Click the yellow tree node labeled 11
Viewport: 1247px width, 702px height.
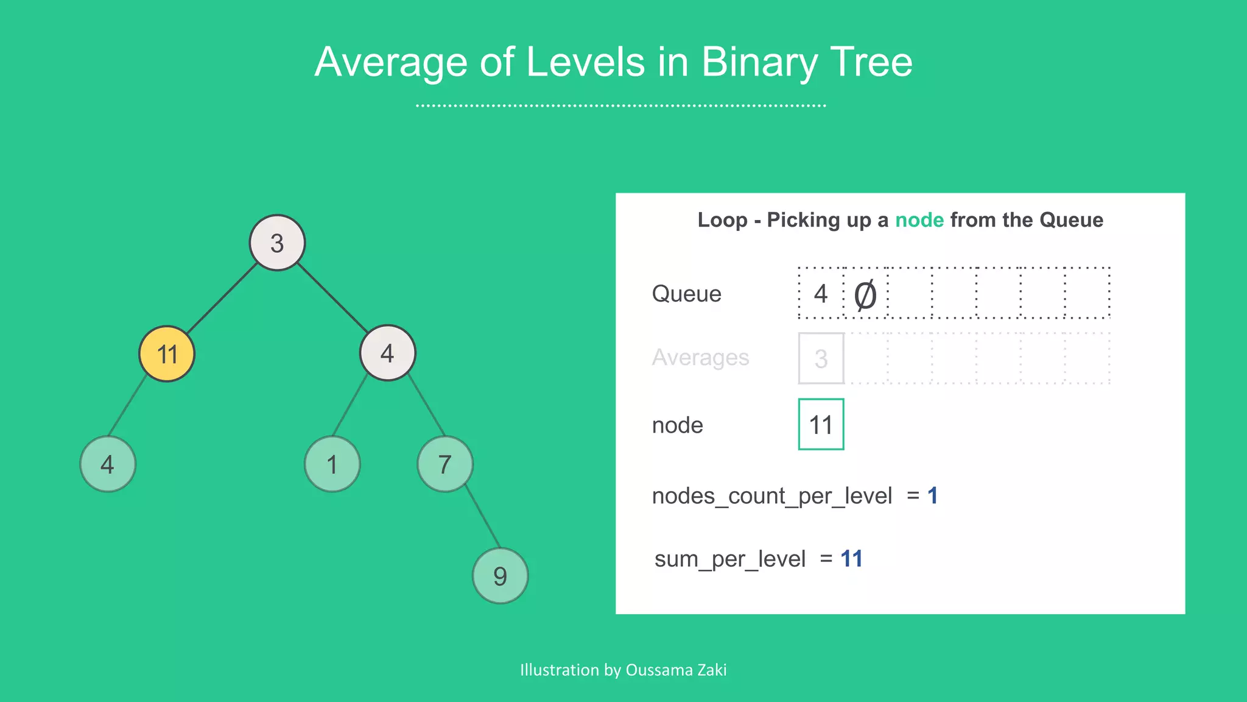point(167,354)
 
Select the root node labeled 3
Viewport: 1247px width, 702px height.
point(277,243)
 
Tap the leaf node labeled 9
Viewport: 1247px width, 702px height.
point(500,576)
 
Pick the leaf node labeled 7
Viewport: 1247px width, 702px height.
point(445,464)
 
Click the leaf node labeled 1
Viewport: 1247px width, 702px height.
point(332,464)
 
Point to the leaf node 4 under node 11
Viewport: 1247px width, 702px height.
point(108,464)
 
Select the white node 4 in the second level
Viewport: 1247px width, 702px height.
point(388,353)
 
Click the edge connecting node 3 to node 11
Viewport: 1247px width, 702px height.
point(222,298)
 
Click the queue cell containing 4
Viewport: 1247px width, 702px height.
point(821,294)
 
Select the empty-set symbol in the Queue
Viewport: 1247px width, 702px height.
point(865,295)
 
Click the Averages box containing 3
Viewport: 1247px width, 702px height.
point(821,358)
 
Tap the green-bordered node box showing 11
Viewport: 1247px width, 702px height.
point(821,425)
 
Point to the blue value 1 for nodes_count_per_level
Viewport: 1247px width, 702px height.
point(932,496)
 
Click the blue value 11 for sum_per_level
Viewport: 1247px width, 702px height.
point(851,559)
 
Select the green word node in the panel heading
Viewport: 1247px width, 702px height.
point(919,220)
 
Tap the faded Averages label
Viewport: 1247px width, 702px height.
point(700,358)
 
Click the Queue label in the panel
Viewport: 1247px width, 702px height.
point(686,294)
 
